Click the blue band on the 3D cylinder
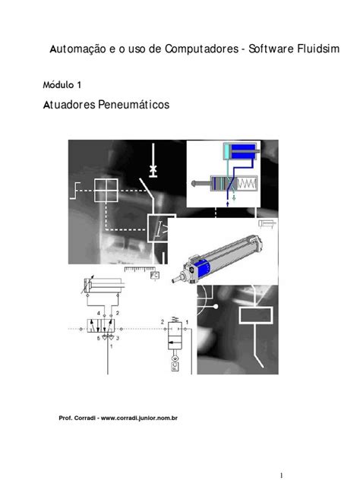point(203,267)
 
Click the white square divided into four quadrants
point(107,190)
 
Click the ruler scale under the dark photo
point(140,268)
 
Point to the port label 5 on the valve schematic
point(98,339)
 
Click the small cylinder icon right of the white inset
point(268,223)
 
